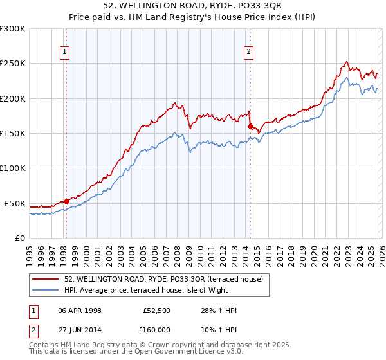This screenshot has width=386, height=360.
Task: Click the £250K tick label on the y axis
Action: click(13, 64)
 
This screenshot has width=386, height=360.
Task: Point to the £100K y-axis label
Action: click(13, 168)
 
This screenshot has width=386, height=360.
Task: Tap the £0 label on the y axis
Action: click(21, 238)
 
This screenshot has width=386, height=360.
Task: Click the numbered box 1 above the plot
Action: click(66, 53)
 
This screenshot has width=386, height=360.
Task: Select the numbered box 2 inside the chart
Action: click(249, 53)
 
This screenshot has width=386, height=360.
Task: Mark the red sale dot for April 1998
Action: click(66, 201)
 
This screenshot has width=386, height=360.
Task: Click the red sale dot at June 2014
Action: click(250, 126)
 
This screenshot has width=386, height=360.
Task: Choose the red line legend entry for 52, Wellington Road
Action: click(167, 279)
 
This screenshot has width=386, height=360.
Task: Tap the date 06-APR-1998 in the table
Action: click(80, 310)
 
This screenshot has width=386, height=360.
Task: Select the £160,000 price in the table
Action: click(158, 331)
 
